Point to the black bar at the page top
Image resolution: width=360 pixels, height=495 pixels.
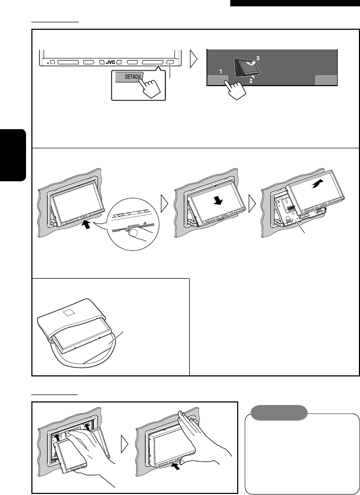295,3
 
